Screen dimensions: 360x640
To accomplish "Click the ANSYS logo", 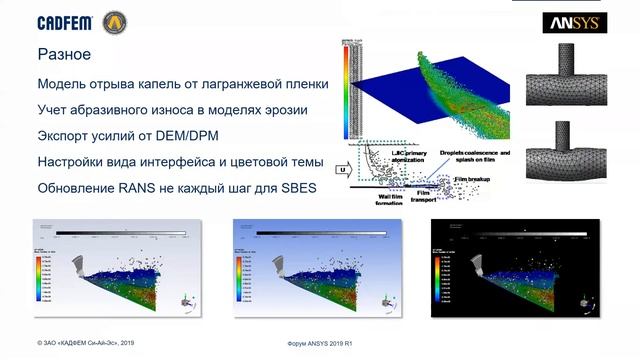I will tap(571, 23).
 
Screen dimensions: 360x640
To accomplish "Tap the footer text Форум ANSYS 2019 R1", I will tap(319, 343).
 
